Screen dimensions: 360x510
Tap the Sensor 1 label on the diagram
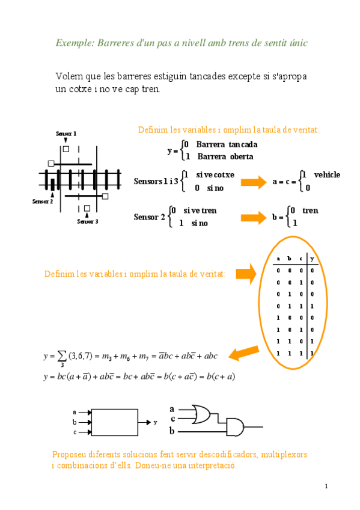66,134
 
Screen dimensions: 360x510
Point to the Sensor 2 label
43,201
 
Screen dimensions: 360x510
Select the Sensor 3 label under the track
88,221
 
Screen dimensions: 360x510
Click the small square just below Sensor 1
66,148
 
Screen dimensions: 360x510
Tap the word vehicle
327,174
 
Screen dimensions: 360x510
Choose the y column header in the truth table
312,259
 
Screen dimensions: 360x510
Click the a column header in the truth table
278,259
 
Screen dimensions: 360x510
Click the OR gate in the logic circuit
201,413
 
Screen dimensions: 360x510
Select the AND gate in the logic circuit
235,427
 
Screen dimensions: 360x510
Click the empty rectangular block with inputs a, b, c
115,422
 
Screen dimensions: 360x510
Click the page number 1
326,486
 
